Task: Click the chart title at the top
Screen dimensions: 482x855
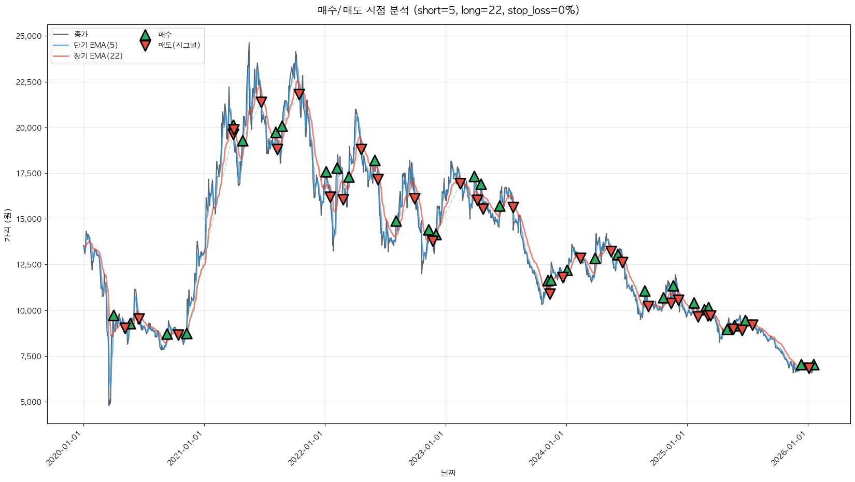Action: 448,10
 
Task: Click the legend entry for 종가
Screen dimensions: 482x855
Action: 81,35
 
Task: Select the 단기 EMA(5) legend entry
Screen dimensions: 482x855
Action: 96,45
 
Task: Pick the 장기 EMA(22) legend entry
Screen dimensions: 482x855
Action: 98,56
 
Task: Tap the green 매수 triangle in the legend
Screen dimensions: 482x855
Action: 145,35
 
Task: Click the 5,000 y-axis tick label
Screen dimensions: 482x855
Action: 30,402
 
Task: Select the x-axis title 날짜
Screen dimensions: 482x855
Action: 448,473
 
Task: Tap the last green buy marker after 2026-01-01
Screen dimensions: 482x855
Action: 814,365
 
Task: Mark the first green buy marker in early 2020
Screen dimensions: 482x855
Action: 113,316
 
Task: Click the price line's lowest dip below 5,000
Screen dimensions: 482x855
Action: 109,404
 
